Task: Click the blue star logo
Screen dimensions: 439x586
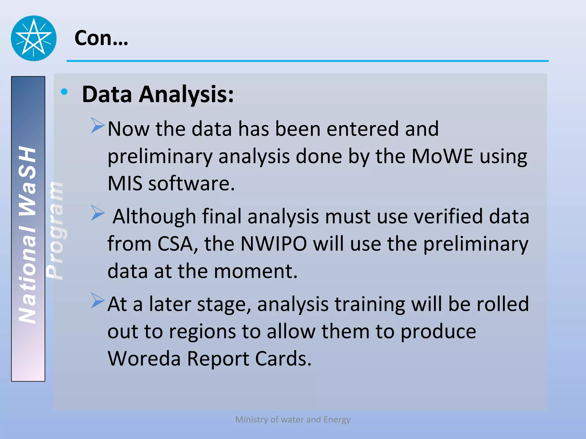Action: coord(34,38)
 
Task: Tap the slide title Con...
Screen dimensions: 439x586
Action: coord(101,38)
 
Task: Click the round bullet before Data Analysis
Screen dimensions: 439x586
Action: coord(64,92)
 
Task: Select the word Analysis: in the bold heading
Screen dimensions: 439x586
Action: coord(186,94)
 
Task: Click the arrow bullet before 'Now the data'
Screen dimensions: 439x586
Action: coord(98,125)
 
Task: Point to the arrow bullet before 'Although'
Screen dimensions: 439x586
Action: coord(98,213)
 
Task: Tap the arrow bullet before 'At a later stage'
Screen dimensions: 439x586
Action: coord(98,300)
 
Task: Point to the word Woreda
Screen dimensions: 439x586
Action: coord(144,358)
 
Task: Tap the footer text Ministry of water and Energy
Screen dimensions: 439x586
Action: coord(293,419)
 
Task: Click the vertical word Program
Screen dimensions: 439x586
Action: coord(55,230)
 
